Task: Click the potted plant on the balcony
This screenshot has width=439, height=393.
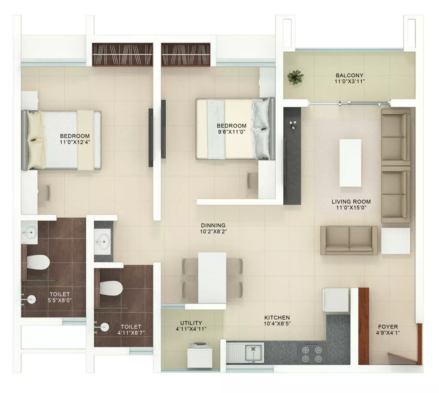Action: [x=295, y=77]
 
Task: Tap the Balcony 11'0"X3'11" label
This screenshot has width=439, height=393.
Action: [x=349, y=79]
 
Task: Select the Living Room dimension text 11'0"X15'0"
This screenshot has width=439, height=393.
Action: [x=351, y=208]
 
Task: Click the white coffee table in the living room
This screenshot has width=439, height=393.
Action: [x=350, y=163]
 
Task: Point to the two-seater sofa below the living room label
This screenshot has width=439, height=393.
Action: [x=349, y=241]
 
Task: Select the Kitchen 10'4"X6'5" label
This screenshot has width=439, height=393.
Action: [x=277, y=320]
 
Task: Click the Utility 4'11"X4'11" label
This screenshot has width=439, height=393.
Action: [x=191, y=326]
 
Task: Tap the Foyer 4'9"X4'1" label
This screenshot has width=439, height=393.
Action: [x=388, y=330]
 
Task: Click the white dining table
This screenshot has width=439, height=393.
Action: [x=212, y=277]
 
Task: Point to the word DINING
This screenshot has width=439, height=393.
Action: [x=213, y=225]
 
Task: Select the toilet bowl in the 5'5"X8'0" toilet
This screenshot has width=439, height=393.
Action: [x=38, y=262]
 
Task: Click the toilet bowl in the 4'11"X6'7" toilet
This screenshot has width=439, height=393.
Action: [x=111, y=288]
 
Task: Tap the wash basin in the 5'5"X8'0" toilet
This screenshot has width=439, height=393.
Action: [x=30, y=232]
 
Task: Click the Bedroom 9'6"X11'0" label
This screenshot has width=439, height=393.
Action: [x=232, y=128]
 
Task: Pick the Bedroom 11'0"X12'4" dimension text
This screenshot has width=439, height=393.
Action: [x=75, y=142]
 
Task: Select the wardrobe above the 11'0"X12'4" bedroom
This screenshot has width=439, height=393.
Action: [x=123, y=55]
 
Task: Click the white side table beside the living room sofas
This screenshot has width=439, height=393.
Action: [x=396, y=241]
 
